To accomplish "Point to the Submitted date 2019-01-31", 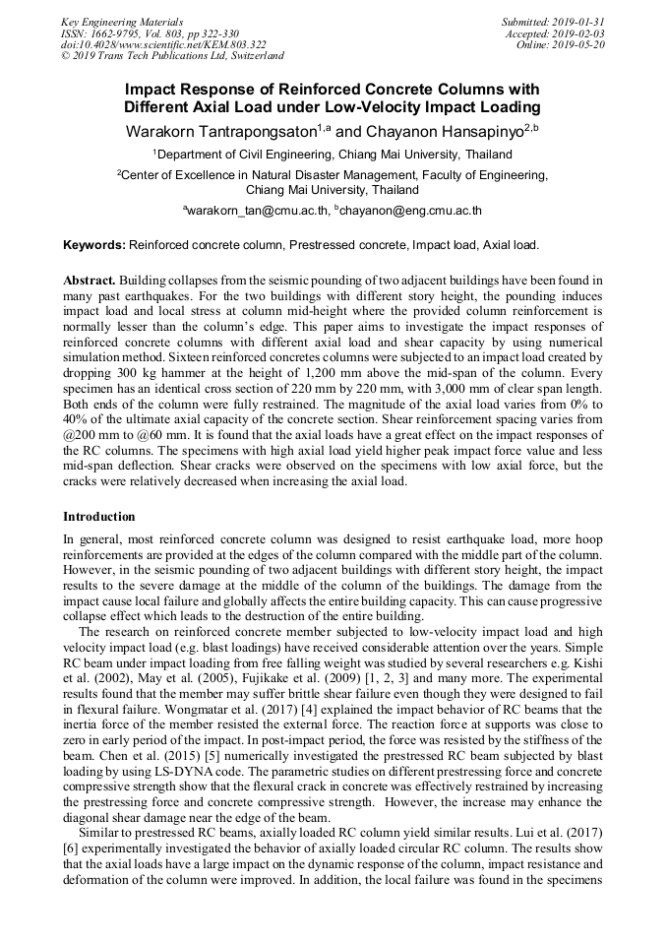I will tap(555, 21).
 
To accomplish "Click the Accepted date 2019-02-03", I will tap(558, 32).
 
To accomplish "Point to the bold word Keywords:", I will tap(93, 244).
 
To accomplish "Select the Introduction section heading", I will tap(100, 516).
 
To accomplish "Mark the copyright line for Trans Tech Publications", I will tap(172, 56).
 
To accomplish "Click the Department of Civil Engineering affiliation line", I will tap(333, 155).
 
